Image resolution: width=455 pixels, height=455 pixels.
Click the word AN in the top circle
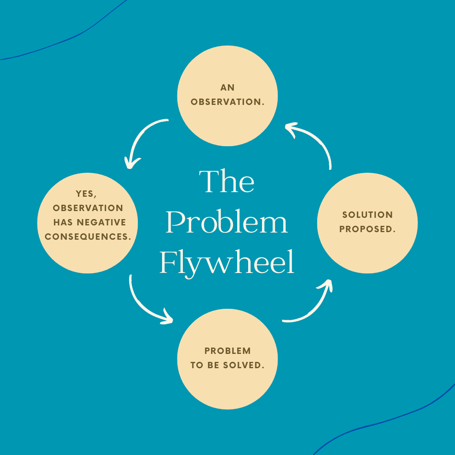point(227,88)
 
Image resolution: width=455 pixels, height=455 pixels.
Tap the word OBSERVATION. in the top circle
point(227,102)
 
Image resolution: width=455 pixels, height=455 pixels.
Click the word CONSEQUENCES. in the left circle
point(88,237)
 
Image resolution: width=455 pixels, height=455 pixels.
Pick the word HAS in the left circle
point(63,222)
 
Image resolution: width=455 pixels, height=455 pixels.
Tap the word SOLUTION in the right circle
point(367,215)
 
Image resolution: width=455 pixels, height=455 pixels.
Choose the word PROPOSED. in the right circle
point(367,230)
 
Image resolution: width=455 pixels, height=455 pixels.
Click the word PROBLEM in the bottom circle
point(227,351)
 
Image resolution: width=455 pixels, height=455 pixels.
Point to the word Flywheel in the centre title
point(227,263)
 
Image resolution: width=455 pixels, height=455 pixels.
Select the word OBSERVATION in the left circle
point(88,208)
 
